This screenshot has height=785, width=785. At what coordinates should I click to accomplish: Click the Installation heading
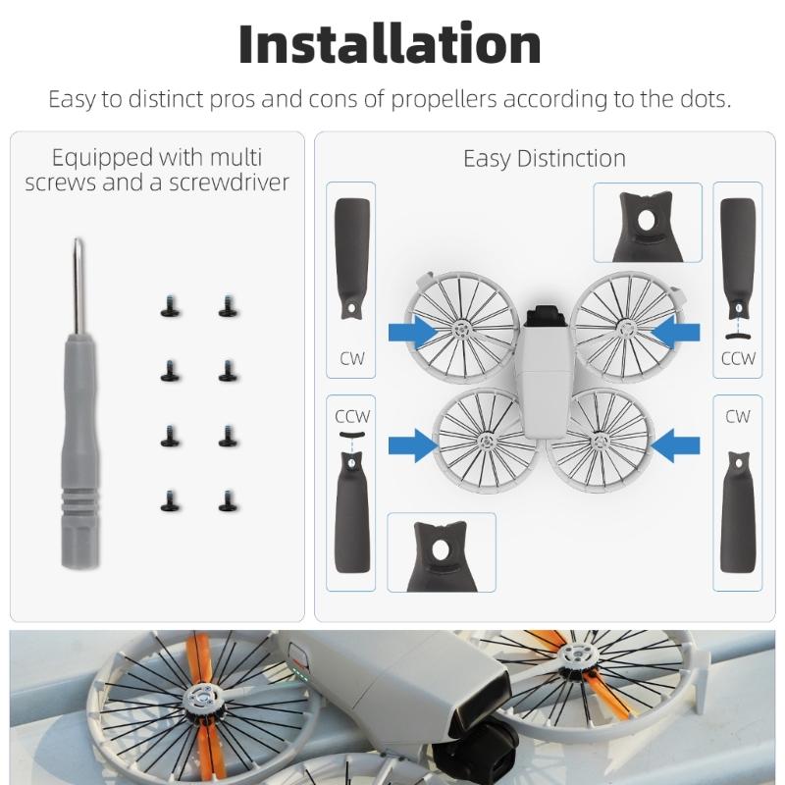point(390,44)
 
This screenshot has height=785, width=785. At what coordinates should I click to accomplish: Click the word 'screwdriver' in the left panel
point(229,183)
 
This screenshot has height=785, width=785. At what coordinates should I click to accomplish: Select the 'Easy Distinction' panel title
point(545,159)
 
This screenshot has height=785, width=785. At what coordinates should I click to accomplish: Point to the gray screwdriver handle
point(80,450)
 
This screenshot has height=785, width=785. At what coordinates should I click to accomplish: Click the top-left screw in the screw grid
point(171,306)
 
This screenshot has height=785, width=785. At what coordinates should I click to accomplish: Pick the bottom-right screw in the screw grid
point(229,500)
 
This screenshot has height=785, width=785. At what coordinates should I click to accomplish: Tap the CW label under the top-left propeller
point(352,358)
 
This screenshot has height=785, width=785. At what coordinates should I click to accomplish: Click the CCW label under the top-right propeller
point(738,358)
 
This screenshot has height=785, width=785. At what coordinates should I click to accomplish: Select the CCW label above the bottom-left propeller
point(352,416)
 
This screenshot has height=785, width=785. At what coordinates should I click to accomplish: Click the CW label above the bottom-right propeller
point(738,416)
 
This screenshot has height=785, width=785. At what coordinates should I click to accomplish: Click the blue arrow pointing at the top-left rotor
point(413,333)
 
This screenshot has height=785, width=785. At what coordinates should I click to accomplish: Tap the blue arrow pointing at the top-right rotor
point(675,333)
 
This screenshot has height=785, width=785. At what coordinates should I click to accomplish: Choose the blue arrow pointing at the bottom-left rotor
point(413,445)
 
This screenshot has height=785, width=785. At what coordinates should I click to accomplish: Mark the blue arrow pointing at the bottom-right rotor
point(675,445)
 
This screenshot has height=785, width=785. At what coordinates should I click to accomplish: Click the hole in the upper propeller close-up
point(647,220)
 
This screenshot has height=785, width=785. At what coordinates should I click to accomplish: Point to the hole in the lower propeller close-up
point(440,550)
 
